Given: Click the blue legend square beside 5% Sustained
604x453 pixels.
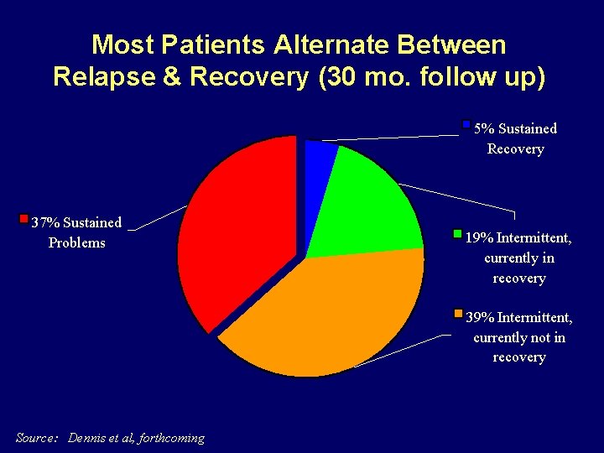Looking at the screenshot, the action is (x=466, y=125).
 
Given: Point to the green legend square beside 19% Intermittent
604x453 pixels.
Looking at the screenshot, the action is (x=458, y=234).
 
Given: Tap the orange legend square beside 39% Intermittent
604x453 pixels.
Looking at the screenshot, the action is (x=458, y=315).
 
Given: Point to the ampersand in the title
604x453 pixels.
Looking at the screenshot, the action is (x=171, y=76).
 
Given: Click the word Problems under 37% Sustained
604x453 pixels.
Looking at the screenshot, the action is (x=77, y=242).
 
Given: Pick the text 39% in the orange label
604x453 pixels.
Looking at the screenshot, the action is (x=479, y=317).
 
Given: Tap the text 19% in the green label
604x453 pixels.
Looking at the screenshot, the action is (x=479, y=237).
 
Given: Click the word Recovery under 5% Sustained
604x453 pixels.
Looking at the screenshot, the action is (x=516, y=148).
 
